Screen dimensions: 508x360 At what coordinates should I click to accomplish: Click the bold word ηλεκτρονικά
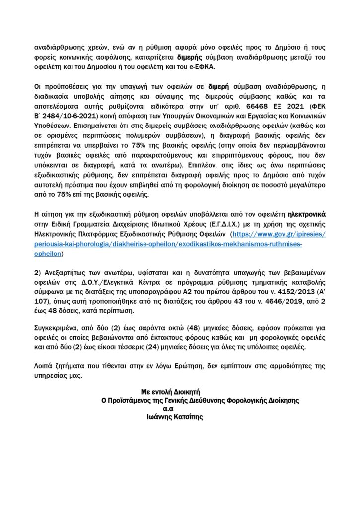[x=309, y=214]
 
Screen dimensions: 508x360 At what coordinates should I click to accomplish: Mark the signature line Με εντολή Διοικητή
[x=169, y=392]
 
